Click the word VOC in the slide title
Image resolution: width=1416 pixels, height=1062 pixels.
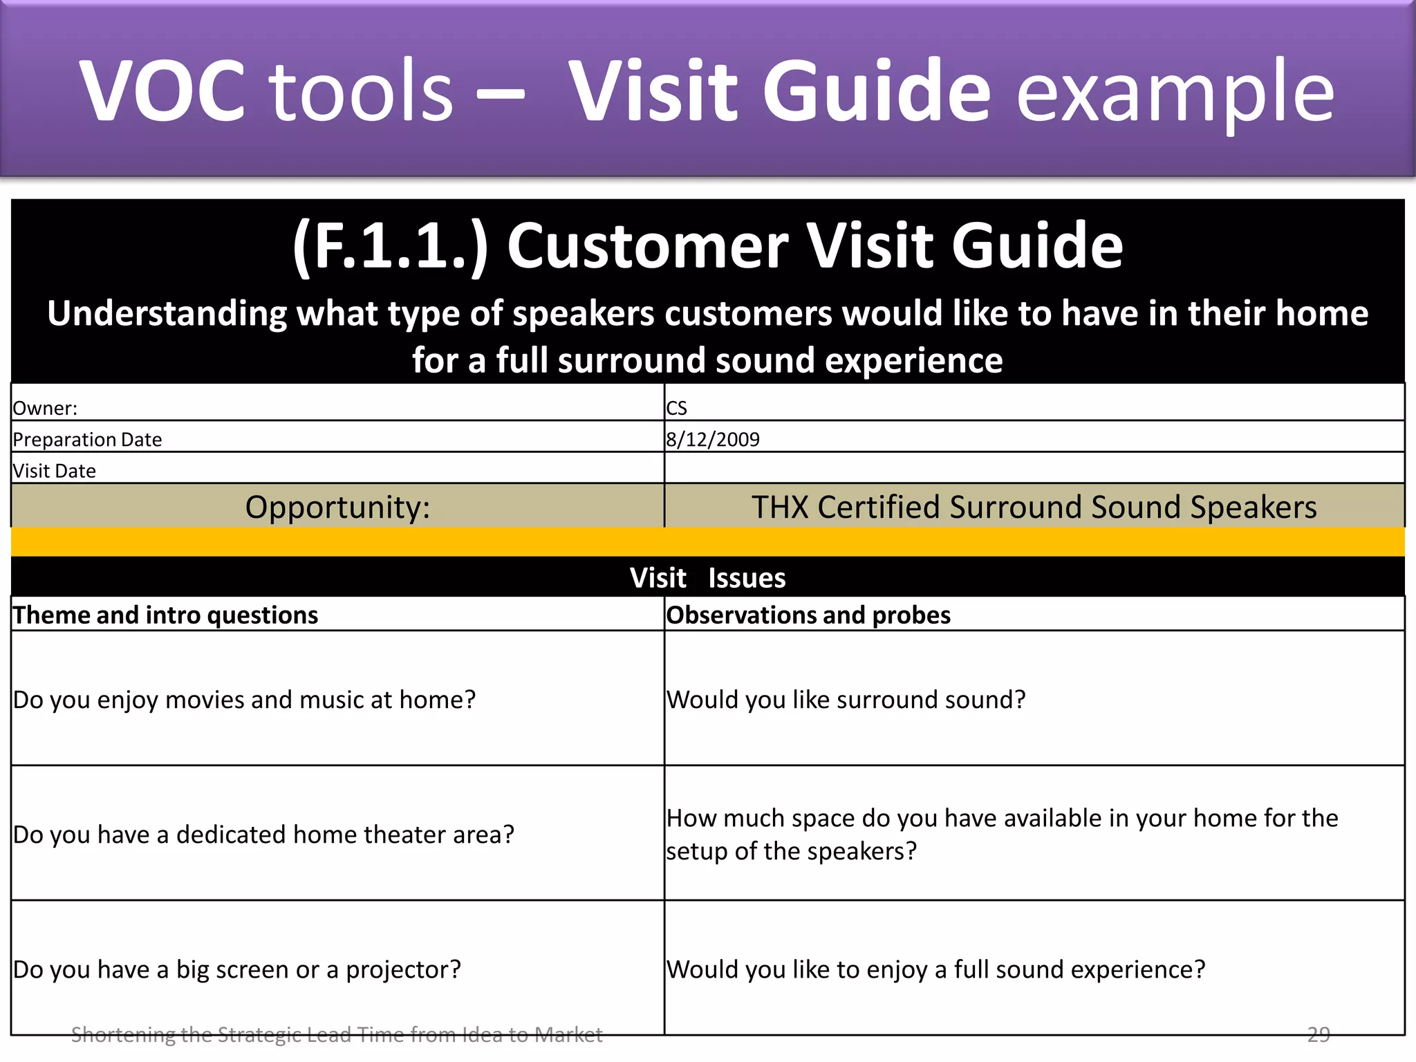click(162, 91)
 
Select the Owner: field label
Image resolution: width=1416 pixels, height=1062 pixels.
click(45, 408)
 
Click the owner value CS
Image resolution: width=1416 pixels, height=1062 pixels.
click(676, 408)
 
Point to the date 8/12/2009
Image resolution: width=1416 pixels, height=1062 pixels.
click(712, 439)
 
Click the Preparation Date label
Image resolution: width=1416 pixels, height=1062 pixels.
click(87, 439)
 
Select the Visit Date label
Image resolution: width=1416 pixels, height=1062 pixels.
click(54, 471)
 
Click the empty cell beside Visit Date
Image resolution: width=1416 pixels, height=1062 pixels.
click(1034, 468)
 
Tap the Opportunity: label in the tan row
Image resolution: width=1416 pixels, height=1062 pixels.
click(337, 507)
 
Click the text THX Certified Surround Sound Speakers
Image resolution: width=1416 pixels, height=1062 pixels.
click(1034, 507)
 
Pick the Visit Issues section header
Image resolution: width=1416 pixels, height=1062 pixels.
click(707, 577)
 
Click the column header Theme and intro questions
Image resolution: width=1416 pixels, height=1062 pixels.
click(165, 615)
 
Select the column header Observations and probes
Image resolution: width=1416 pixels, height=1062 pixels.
click(808, 615)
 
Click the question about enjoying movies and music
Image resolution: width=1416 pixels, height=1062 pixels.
click(244, 700)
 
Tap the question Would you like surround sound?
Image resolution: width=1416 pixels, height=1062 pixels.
click(846, 700)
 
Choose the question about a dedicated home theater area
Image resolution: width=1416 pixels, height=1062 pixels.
click(263, 835)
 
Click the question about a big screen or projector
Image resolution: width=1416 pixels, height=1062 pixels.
click(236, 969)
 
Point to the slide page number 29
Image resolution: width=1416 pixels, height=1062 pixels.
click(1318, 1034)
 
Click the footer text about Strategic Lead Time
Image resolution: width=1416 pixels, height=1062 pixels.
click(337, 1035)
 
